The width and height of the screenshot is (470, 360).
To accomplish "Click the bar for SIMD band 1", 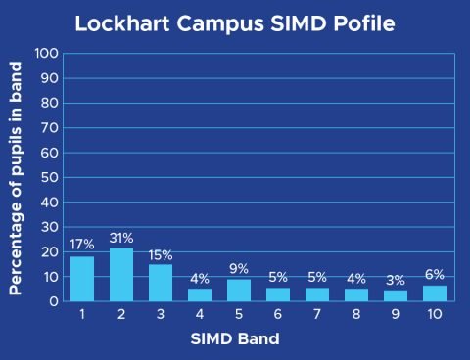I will [82, 279].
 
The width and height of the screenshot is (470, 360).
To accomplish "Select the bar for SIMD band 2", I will [121, 275].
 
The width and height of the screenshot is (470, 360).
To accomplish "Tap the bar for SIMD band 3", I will [161, 283].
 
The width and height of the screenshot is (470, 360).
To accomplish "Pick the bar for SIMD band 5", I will [239, 290].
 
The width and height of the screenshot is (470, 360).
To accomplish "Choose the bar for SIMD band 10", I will [435, 292].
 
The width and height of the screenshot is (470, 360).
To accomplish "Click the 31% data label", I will [121, 238].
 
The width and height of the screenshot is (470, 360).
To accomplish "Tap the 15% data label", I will [161, 254].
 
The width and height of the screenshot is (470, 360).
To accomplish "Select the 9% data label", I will [239, 269].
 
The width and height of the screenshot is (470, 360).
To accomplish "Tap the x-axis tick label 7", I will [317, 316].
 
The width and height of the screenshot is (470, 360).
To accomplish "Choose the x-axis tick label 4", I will [200, 316].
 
